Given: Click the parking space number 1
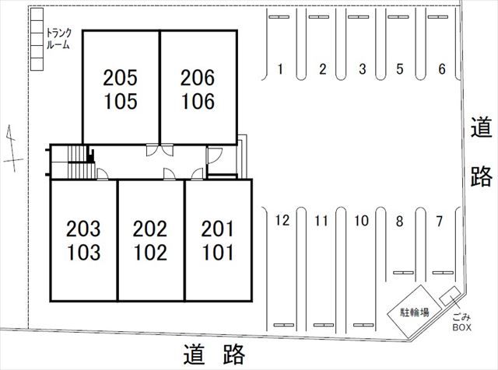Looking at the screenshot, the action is (280, 69).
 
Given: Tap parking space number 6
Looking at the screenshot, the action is (442, 69).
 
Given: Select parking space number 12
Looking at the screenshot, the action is (282, 220).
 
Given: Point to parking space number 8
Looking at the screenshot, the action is (399, 222).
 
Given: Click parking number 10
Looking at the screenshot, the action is (361, 221).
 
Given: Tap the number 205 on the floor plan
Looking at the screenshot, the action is (120, 78).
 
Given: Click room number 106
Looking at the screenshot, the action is (198, 102).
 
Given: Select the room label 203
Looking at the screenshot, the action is (83, 229).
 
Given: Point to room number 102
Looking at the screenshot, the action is (150, 253).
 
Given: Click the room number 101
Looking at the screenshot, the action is (218, 253).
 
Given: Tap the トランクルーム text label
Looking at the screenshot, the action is (58, 39).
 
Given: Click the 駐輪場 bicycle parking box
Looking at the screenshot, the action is (414, 312).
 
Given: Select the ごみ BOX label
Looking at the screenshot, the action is (461, 322).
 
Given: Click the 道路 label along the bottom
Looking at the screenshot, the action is (214, 354).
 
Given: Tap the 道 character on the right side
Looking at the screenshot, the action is (481, 127).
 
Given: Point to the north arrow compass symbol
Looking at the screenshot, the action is (12, 148).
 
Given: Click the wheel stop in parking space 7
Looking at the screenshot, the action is (443, 273).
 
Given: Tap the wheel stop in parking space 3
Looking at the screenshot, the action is (358, 17).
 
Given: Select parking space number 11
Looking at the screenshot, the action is (321, 221).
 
